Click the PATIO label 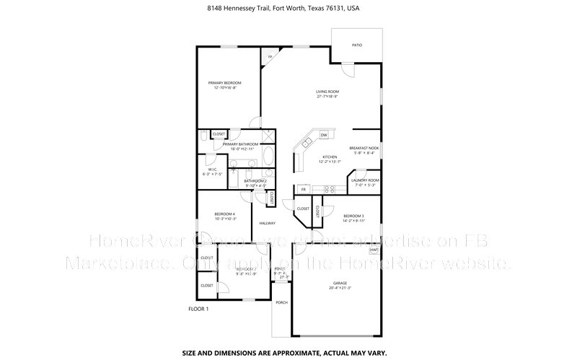click(x=357, y=45)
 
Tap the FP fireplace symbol click(x=270, y=57)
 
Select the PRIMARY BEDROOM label click(x=224, y=83)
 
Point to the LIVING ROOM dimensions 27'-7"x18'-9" click(x=327, y=97)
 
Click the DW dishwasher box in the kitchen click(x=324, y=135)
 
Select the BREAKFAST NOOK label click(x=364, y=147)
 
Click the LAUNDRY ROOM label click(x=365, y=180)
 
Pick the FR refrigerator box click(x=304, y=190)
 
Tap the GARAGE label click(x=340, y=283)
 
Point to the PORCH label click(x=281, y=303)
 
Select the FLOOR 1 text click(x=198, y=309)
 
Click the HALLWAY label click(x=268, y=223)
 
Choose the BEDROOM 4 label click(x=224, y=214)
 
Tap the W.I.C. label click(x=213, y=170)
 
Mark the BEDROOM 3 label click(x=353, y=216)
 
